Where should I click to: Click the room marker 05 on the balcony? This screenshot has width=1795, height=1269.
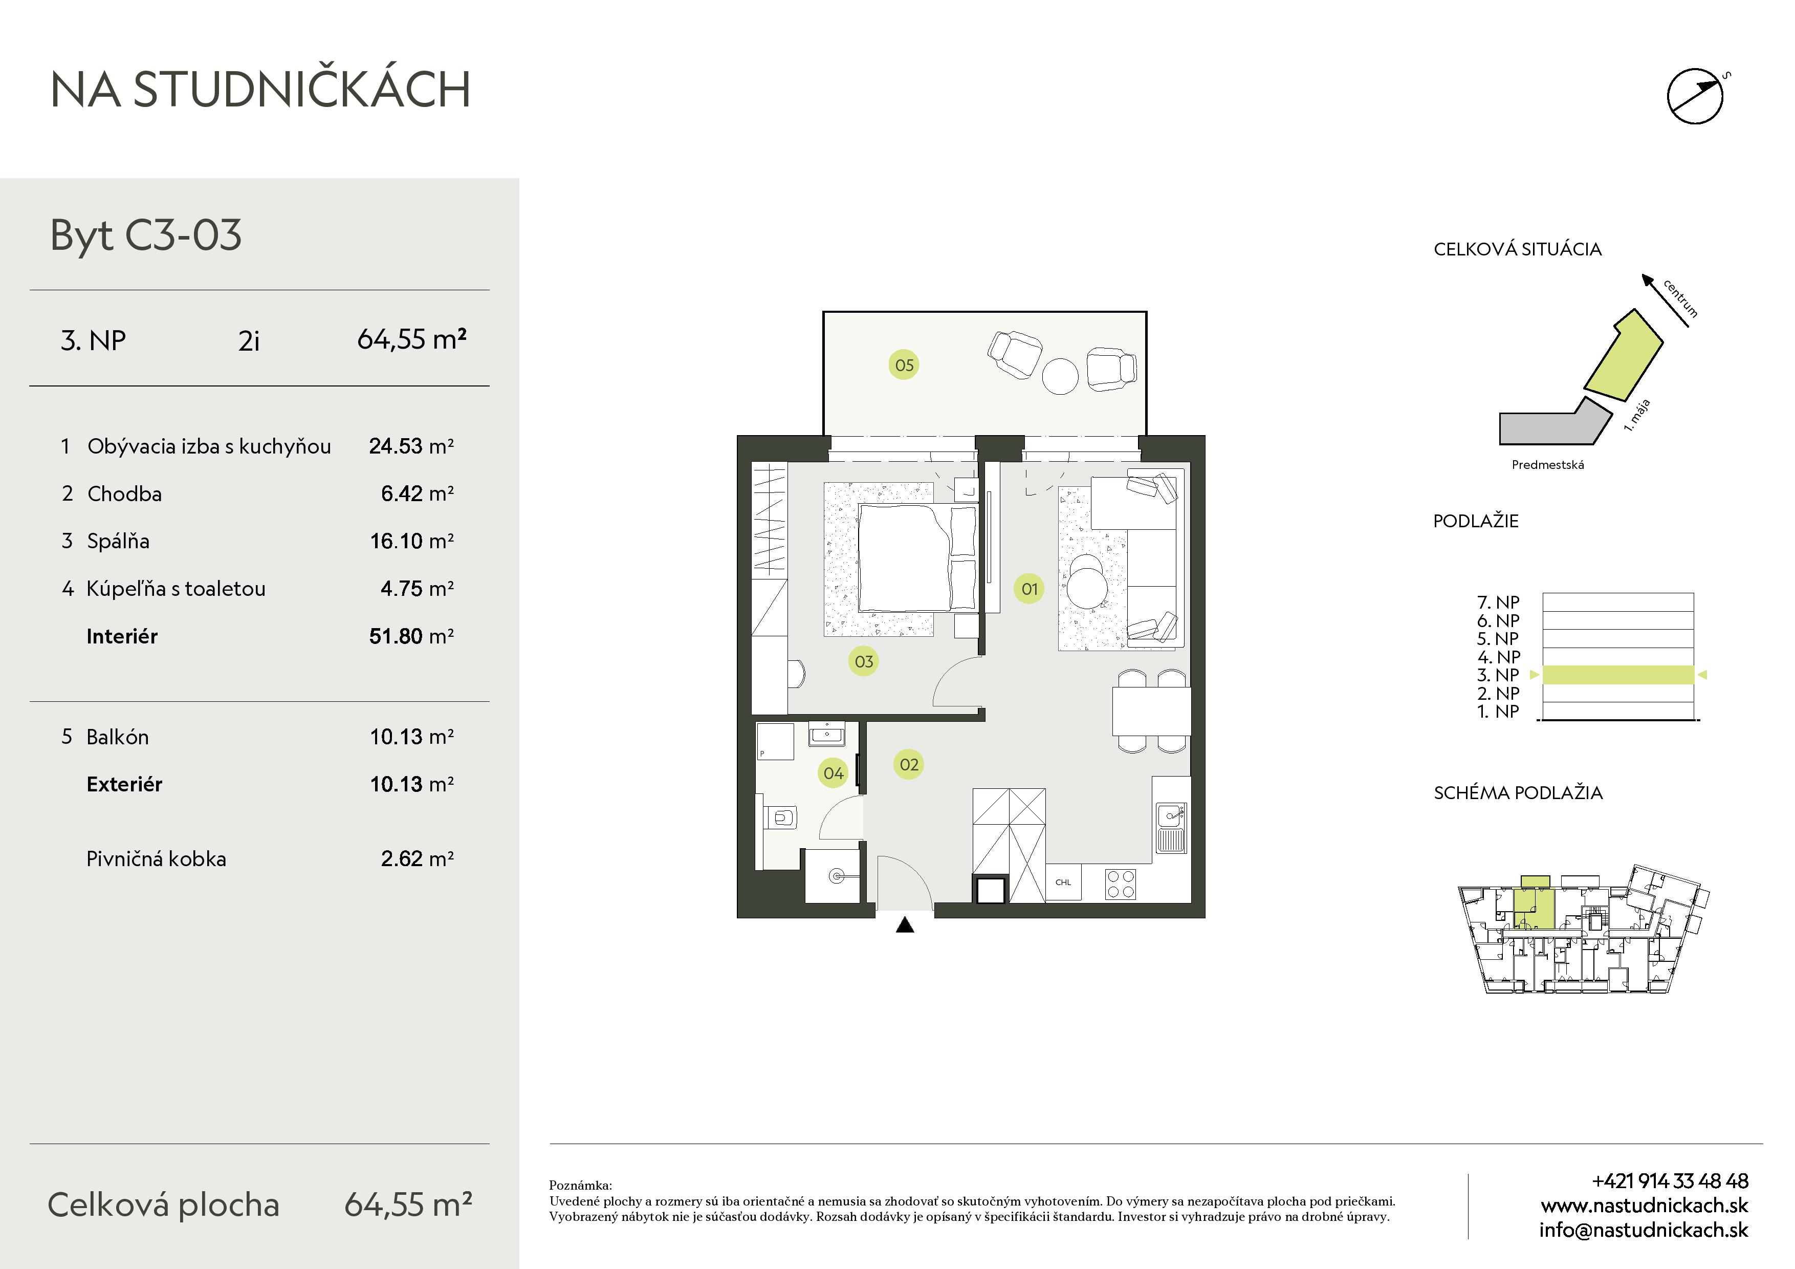point(904,365)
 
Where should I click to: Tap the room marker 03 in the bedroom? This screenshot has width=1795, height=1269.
point(863,661)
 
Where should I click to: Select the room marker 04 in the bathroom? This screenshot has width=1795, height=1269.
point(834,773)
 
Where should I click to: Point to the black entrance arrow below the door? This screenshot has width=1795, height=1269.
point(905,925)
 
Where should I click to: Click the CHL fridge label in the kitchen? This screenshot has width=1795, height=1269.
point(1063,882)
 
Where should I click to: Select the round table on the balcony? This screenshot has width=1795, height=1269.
point(1060,376)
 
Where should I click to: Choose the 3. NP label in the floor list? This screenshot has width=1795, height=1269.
point(1498,675)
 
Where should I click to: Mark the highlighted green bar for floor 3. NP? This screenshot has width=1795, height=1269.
point(1618,675)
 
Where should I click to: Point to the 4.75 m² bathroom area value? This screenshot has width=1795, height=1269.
point(417,588)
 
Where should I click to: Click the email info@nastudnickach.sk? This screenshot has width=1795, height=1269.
point(1644,1230)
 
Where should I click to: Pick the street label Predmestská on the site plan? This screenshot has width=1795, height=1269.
point(1548,464)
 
